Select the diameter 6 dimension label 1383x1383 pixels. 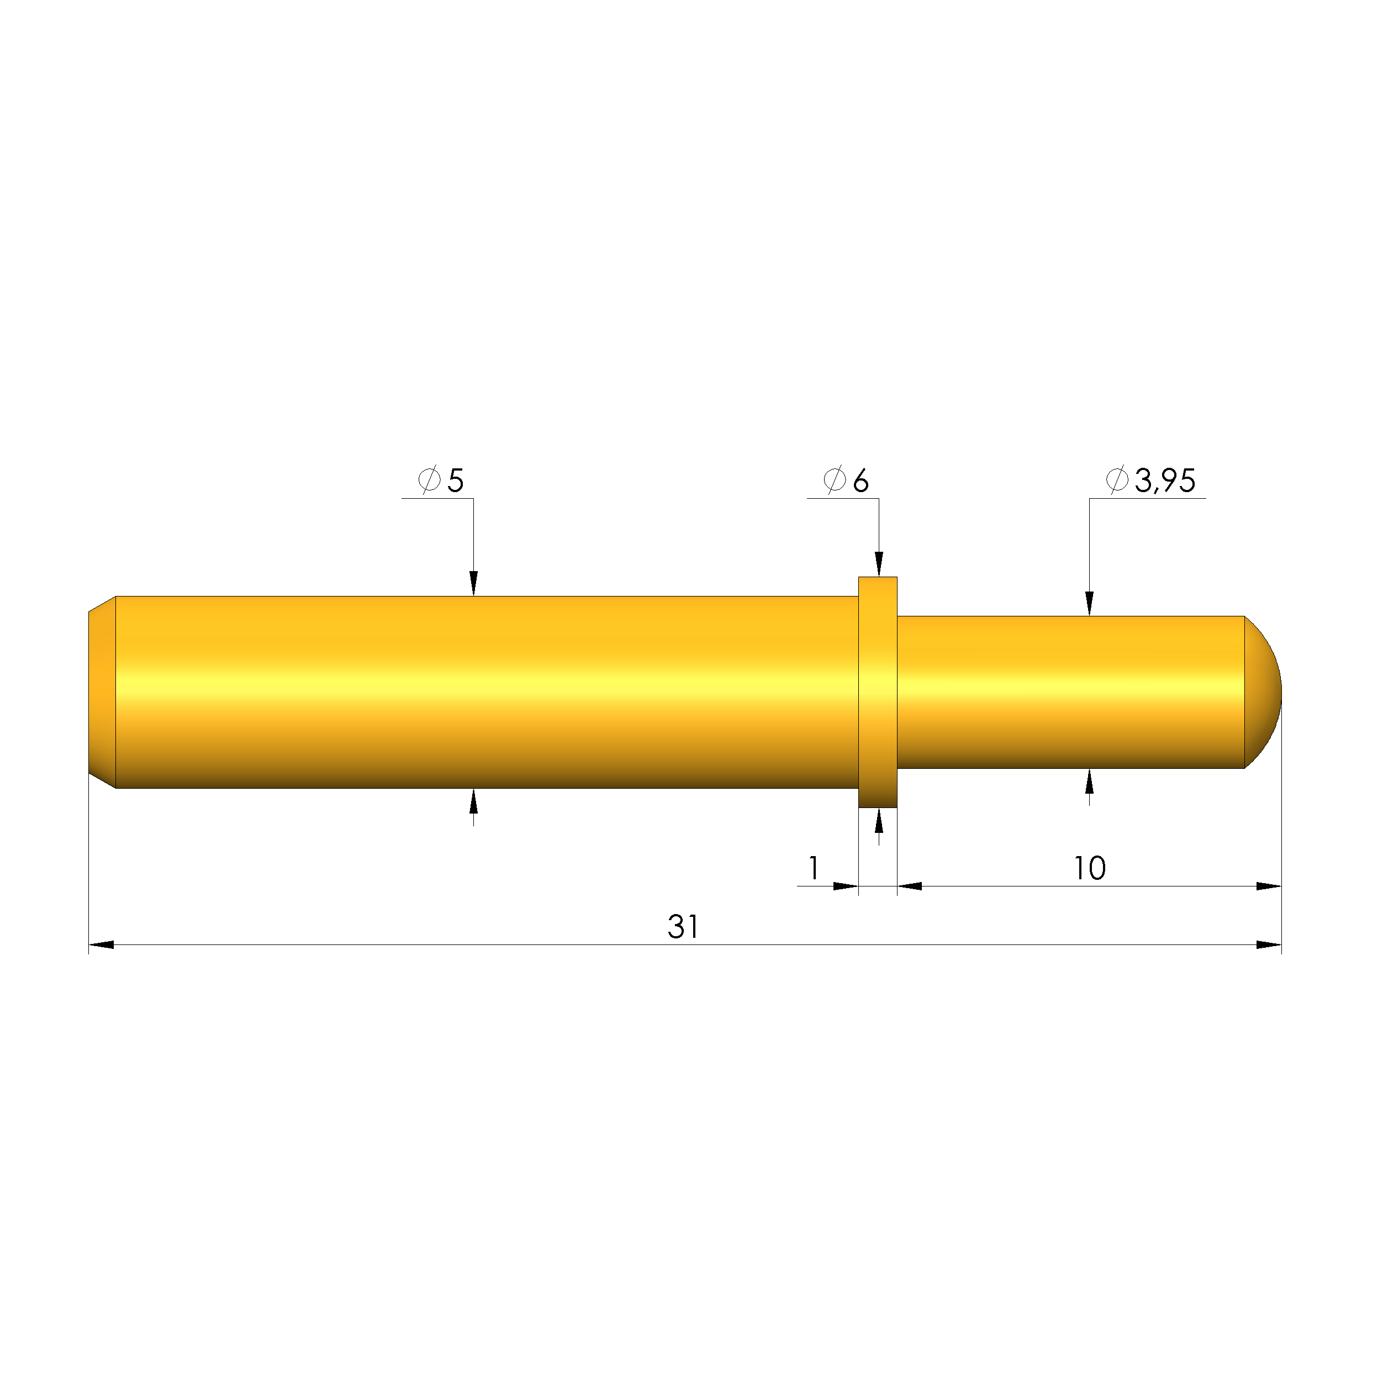[847, 481]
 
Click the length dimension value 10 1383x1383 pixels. [1090, 868]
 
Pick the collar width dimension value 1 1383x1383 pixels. [814, 868]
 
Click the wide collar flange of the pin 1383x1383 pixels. [878, 692]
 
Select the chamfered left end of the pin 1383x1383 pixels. [102, 692]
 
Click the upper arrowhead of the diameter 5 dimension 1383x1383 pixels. [473, 583]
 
